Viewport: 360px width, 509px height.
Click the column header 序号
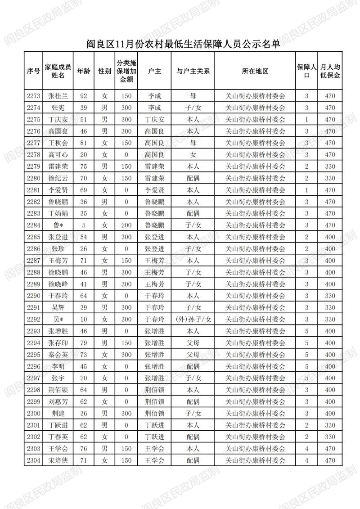coord(33,71)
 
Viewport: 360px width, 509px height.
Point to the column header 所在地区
coord(255,71)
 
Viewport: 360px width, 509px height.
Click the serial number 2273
coord(33,96)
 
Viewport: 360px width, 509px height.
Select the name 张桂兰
coord(58,96)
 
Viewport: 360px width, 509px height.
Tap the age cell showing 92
coord(83,96)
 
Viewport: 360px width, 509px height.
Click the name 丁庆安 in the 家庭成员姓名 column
coord(58,119)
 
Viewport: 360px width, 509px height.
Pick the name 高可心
coord(58,154)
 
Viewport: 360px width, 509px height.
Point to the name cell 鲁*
coord(58,225)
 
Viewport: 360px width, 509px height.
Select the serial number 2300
coord(33,413)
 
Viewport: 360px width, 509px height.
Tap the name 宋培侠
coord(58,460)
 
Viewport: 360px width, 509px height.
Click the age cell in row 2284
coord(83,225)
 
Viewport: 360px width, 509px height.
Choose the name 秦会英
coord(58,354)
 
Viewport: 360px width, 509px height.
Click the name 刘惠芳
coord(58,401)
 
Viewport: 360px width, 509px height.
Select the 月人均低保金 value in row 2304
coord(330,460)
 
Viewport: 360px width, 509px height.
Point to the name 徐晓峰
coord(58,284)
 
